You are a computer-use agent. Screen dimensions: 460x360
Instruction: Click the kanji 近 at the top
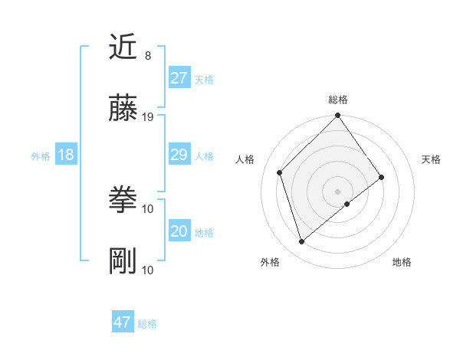pos(123,48)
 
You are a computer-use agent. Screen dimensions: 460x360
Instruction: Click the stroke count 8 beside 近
pos(147,56)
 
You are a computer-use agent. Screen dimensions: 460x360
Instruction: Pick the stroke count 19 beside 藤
pos(148,116)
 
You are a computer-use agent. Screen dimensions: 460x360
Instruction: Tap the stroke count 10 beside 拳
pos(148,208)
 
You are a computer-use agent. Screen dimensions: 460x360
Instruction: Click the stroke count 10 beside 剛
pos(148,270)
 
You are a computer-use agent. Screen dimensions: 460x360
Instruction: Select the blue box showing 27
pos(179,78)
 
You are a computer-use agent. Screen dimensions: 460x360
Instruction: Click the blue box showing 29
pos(179,155)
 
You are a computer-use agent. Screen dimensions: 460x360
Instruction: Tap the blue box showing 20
pos(179,231)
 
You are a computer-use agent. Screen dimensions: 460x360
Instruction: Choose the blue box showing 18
pos(65,155)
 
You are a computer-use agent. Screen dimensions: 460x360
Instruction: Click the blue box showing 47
pos(122,322)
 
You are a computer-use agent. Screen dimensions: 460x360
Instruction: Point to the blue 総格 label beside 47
pos(147,324)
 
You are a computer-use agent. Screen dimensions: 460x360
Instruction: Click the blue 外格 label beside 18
pos(41,156)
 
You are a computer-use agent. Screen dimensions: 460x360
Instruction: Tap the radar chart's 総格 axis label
pos(337,100)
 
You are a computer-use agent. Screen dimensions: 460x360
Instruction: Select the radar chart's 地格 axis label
pos(402,262)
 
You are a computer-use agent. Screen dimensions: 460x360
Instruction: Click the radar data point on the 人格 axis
pos(280,172)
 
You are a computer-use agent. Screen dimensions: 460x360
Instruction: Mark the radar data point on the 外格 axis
pos(301,241)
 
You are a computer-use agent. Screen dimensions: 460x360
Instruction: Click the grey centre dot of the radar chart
pos(337,191)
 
